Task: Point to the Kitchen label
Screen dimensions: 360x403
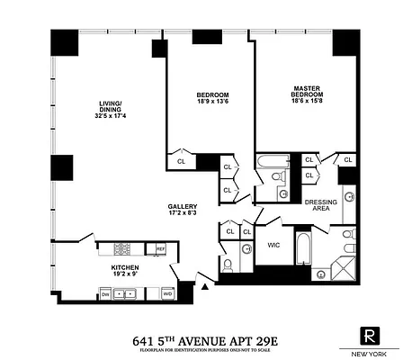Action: pos(123,268)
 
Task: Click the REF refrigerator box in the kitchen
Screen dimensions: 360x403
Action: pos(160,249)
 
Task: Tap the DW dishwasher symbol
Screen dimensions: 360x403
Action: pos(105,294)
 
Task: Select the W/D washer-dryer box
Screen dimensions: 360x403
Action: pos(167,293)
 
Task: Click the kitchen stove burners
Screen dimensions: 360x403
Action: pos(125,249)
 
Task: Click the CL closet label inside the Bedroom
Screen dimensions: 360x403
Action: pos(182,162)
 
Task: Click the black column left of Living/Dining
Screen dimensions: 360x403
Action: pos(62,167)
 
